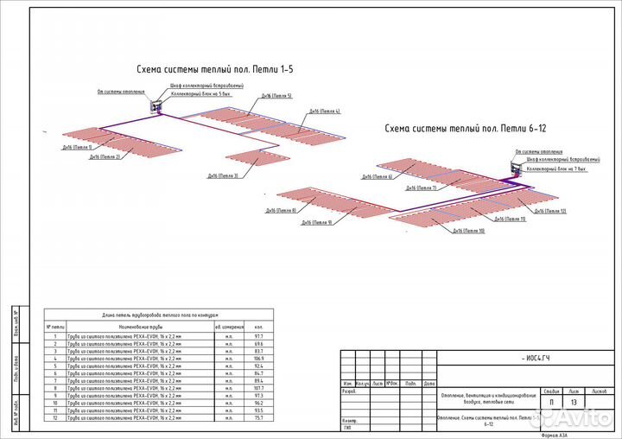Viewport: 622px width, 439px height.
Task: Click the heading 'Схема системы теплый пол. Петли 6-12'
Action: [x=466, y=128]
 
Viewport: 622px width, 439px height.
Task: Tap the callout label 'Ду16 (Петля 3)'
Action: [x=222, y=175]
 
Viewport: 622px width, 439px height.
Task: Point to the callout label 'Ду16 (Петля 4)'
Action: [x=325, y=111]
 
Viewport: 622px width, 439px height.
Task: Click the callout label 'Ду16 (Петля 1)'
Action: [x=77, y=148]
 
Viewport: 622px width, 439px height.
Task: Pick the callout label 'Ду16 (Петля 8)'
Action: [x=281, y=211]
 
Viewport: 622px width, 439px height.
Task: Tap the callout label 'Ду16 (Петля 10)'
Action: [x=469, y=232]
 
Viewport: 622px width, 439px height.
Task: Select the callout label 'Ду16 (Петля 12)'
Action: [x=550, y=211]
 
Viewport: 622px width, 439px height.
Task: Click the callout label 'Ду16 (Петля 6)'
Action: [x=377, y=177]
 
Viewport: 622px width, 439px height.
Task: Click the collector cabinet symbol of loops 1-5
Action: [x=158, y=106]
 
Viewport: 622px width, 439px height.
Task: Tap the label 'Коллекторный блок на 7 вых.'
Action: [x=558, y=169]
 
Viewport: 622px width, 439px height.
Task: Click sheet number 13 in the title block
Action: [x=574, y=401]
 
